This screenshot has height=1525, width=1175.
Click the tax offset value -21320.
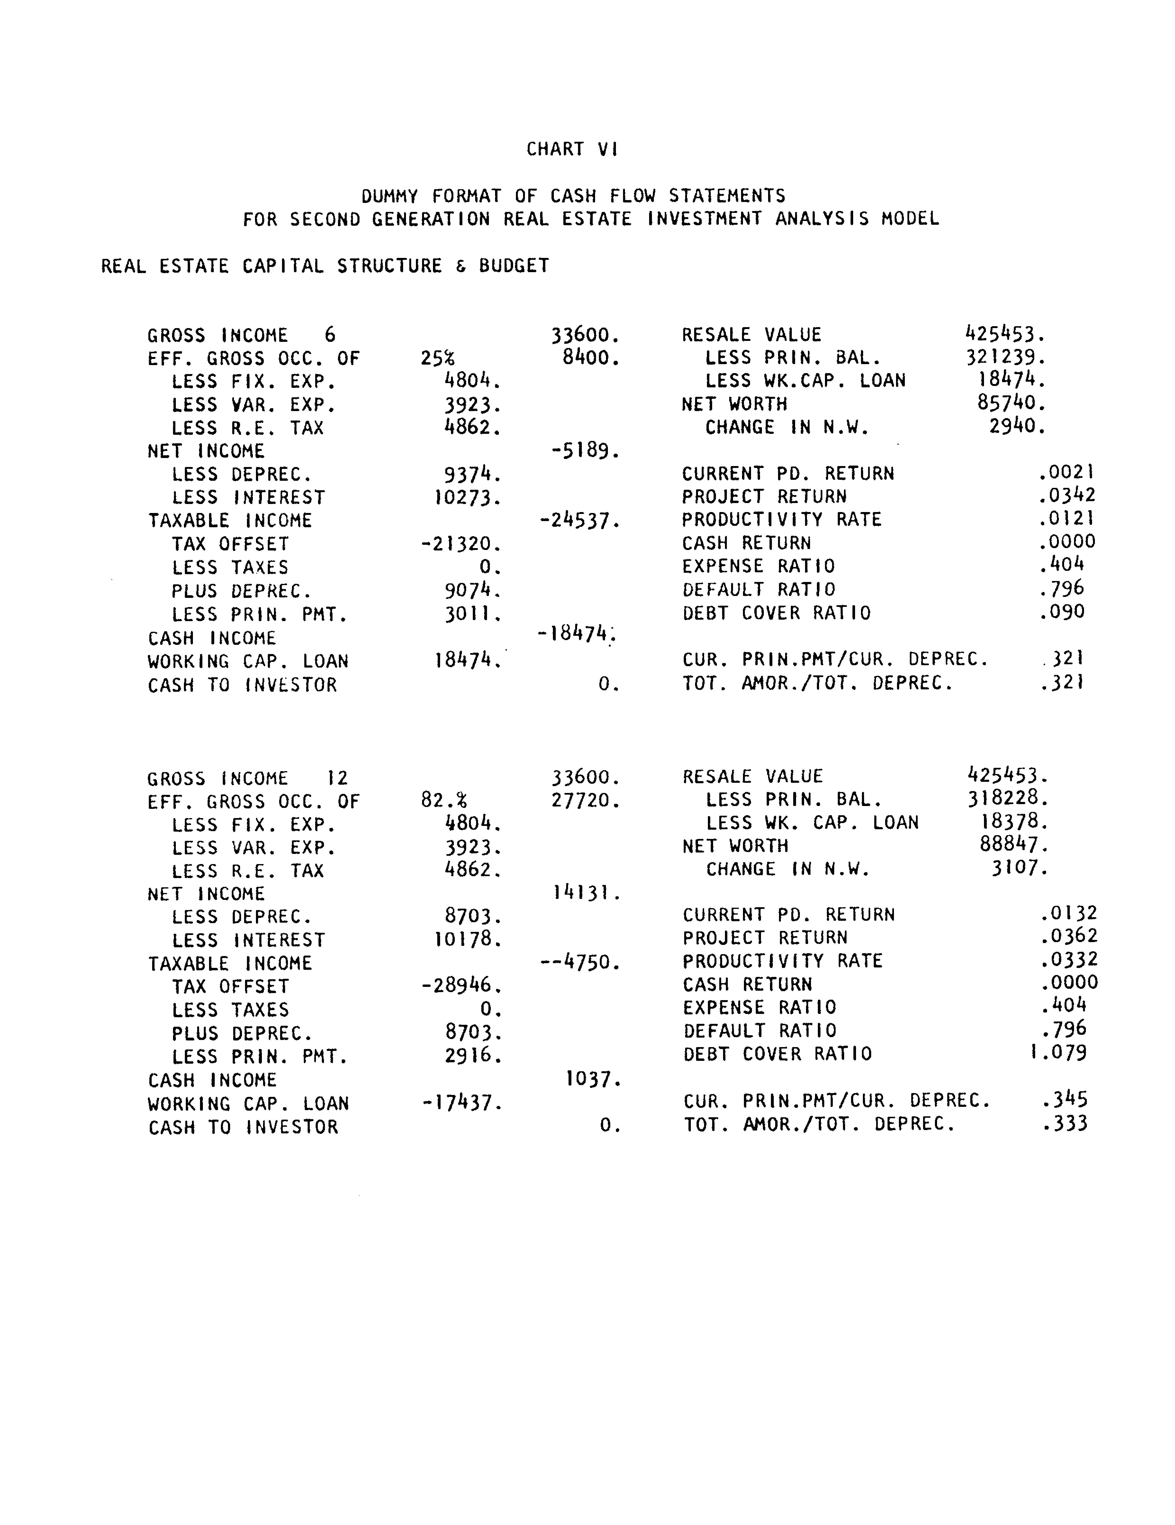pyautogui.click(x=461, y=544)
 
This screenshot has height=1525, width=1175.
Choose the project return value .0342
pyautogui.click(x=1067, y=496)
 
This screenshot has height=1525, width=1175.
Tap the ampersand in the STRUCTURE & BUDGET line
pyautogui.click(x=461, y=266)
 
